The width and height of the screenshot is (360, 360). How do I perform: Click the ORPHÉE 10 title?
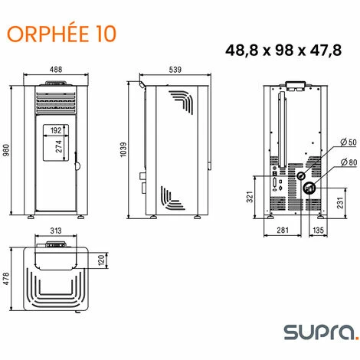[x=61, y=34]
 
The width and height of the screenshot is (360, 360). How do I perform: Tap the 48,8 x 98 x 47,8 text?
[x=283, y=51]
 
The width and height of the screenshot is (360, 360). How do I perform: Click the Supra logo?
[x=322, y=332]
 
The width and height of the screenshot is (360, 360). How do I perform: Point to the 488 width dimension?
[x=56, y=70]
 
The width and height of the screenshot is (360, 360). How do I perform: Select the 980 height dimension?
[x=6, y=150]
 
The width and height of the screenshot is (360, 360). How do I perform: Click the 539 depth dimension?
[x=175, y=70]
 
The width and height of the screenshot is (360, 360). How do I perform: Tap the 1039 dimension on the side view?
[x=123, y=150]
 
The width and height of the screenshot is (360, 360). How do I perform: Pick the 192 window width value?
[x=56, y=130]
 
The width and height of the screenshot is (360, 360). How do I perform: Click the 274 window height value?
[x=59, y=146]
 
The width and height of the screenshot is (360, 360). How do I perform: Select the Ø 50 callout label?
[x=349, y=142]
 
